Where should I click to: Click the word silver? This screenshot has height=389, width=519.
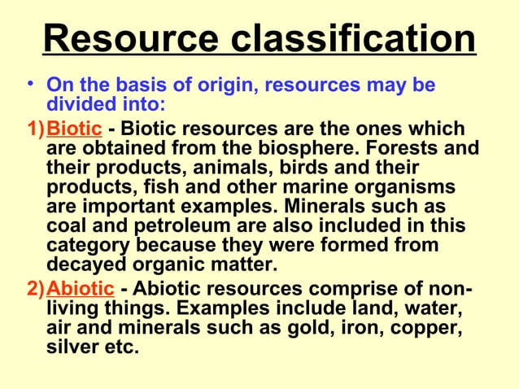pos(75,348)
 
